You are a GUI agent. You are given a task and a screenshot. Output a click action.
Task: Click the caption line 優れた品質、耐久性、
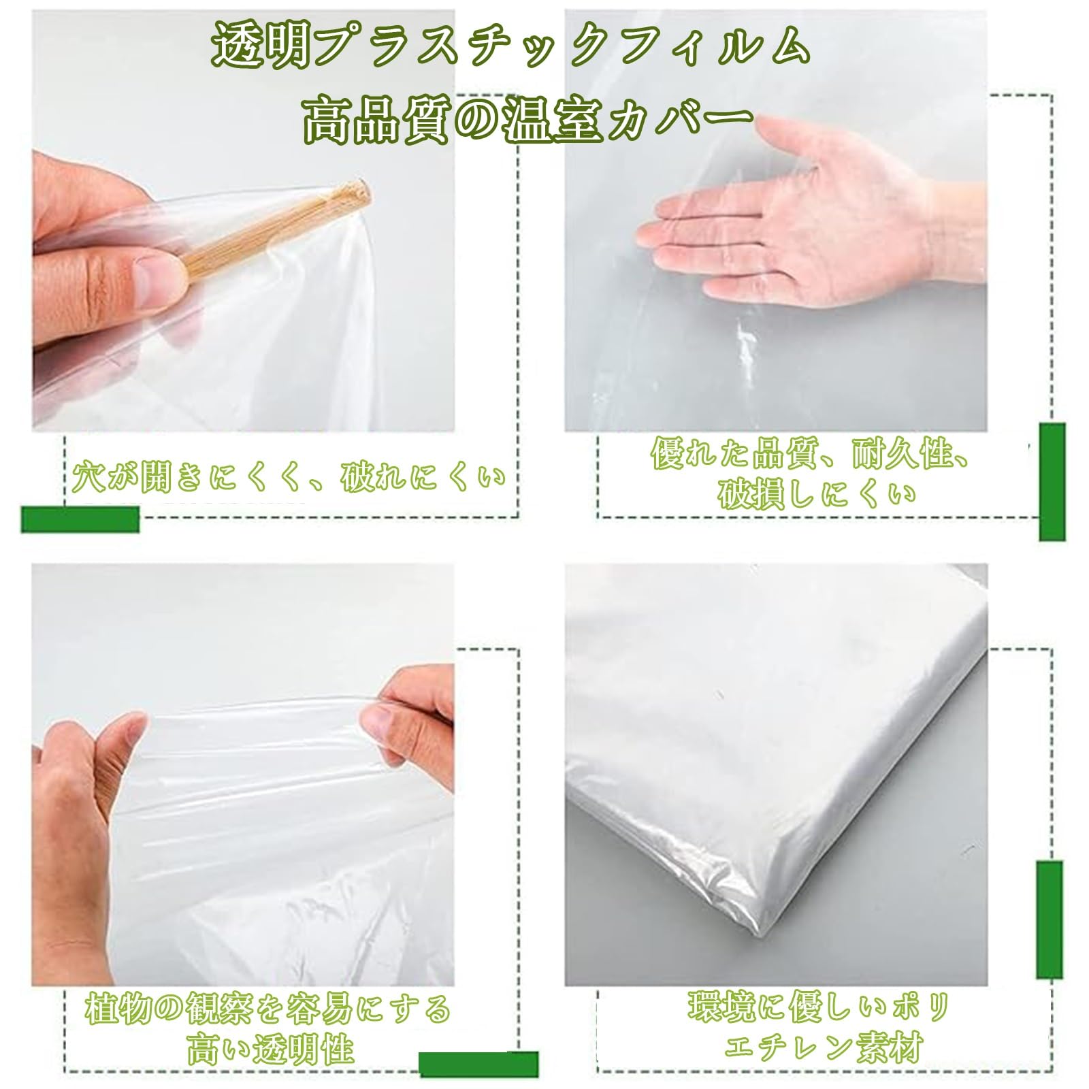pos(810,455)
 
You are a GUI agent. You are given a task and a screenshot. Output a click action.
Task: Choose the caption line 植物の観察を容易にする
pos(267,1009)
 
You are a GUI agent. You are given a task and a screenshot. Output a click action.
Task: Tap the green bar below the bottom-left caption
pos(478,1064)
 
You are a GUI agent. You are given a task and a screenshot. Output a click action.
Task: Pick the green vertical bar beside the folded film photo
pos(1049,919)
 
